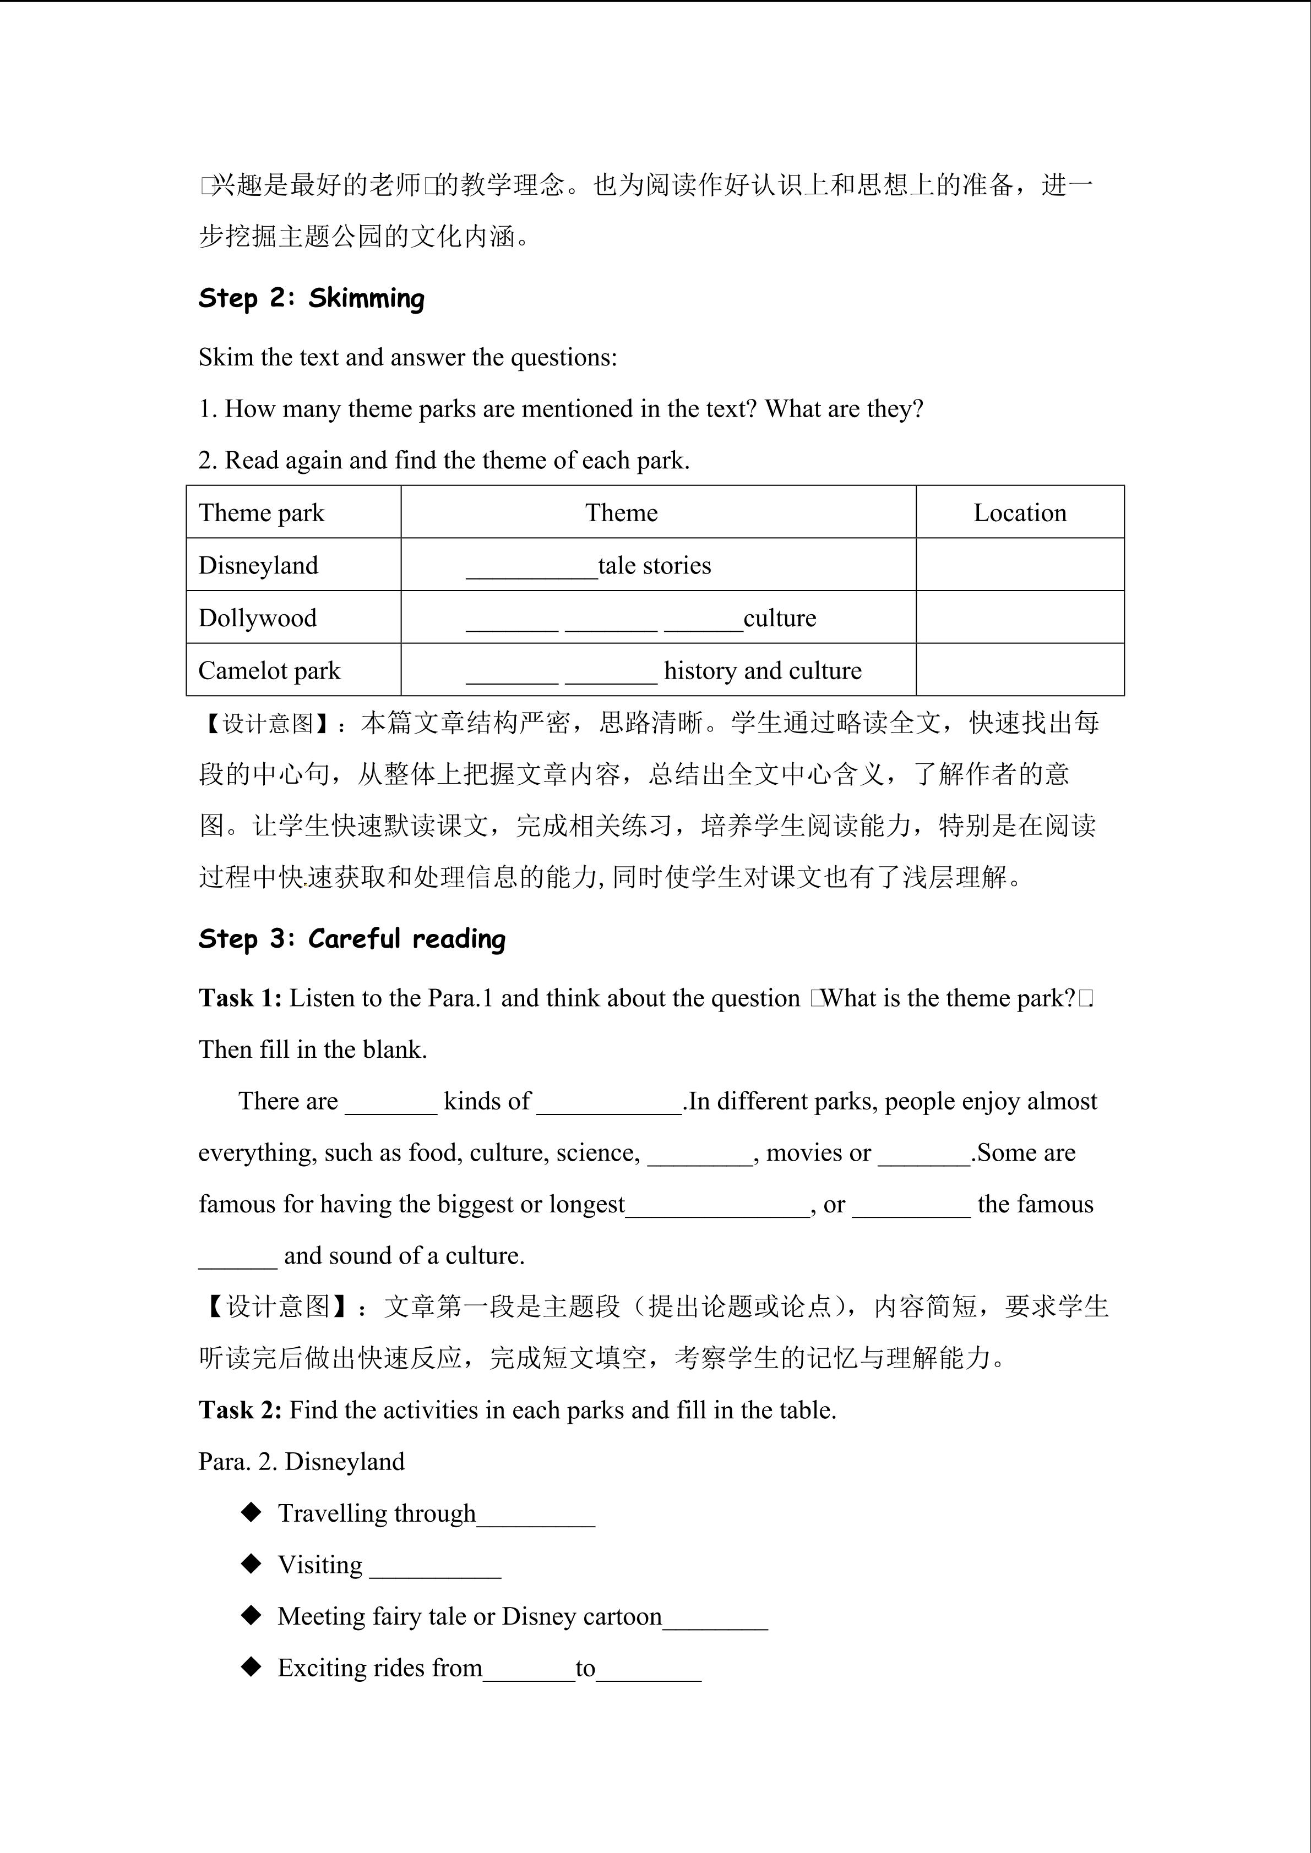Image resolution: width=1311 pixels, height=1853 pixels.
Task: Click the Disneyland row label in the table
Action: (x=258, y=565)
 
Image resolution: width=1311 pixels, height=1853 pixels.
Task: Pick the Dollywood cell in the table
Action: (x=258, y=618)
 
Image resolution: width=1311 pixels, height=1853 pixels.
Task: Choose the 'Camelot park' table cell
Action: (x=270, y=671)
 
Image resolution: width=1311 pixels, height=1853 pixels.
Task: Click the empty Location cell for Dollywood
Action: (x=1020, y=617)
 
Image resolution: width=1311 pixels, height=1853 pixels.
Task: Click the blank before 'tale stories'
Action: (x=531, y=568)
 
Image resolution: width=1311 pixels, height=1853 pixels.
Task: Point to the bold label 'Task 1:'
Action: (x=240, y=998)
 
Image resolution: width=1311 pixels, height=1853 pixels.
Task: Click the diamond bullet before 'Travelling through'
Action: (x=252, y=1512)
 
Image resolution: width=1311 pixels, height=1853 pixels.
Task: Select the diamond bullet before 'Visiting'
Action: (x=252, y=1564)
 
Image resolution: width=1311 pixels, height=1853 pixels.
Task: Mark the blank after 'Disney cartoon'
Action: (x=715, y=1620)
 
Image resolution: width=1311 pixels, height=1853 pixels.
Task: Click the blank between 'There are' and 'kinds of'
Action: (x=391, y=1105)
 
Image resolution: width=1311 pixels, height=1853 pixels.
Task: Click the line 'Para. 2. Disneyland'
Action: (x=301, y=1462)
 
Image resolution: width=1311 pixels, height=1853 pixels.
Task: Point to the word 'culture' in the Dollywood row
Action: (x=779, y=618)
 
